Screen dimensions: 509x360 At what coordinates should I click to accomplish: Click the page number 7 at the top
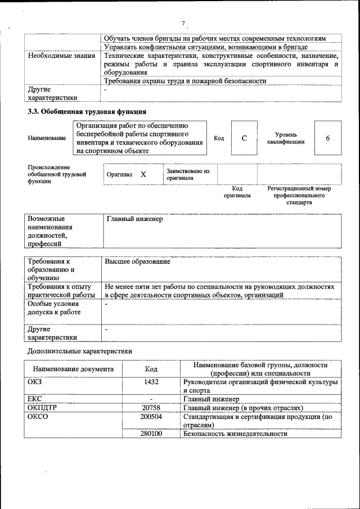[x=183, y=23]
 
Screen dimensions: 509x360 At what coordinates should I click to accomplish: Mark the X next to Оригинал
[x=143, y=174]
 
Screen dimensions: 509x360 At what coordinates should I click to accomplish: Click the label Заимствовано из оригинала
[x=188, y=174]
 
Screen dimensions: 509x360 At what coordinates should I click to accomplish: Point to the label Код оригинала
[x=237, y=192]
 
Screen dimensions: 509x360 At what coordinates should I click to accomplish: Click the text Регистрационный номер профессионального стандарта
[x=299, y=195]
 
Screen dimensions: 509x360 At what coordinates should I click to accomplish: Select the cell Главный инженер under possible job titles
[x=134, y=219]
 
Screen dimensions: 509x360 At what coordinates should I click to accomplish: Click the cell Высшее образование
[x=137, y=262]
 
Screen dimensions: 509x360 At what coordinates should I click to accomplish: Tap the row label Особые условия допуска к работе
[x=54, y=308]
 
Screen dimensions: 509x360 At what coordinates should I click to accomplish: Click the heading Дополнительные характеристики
[x=80, y=352]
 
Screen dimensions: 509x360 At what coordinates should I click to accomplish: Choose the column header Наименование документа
[x=73, y=369]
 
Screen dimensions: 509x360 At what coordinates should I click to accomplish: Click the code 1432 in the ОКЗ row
[x=151, y=382]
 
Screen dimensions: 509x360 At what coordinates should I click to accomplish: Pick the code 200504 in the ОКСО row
[x=151, y=417]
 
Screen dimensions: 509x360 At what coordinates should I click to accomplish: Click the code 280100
[x=151, y=434]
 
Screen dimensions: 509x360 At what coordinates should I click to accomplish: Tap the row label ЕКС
[x=35, y=399]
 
